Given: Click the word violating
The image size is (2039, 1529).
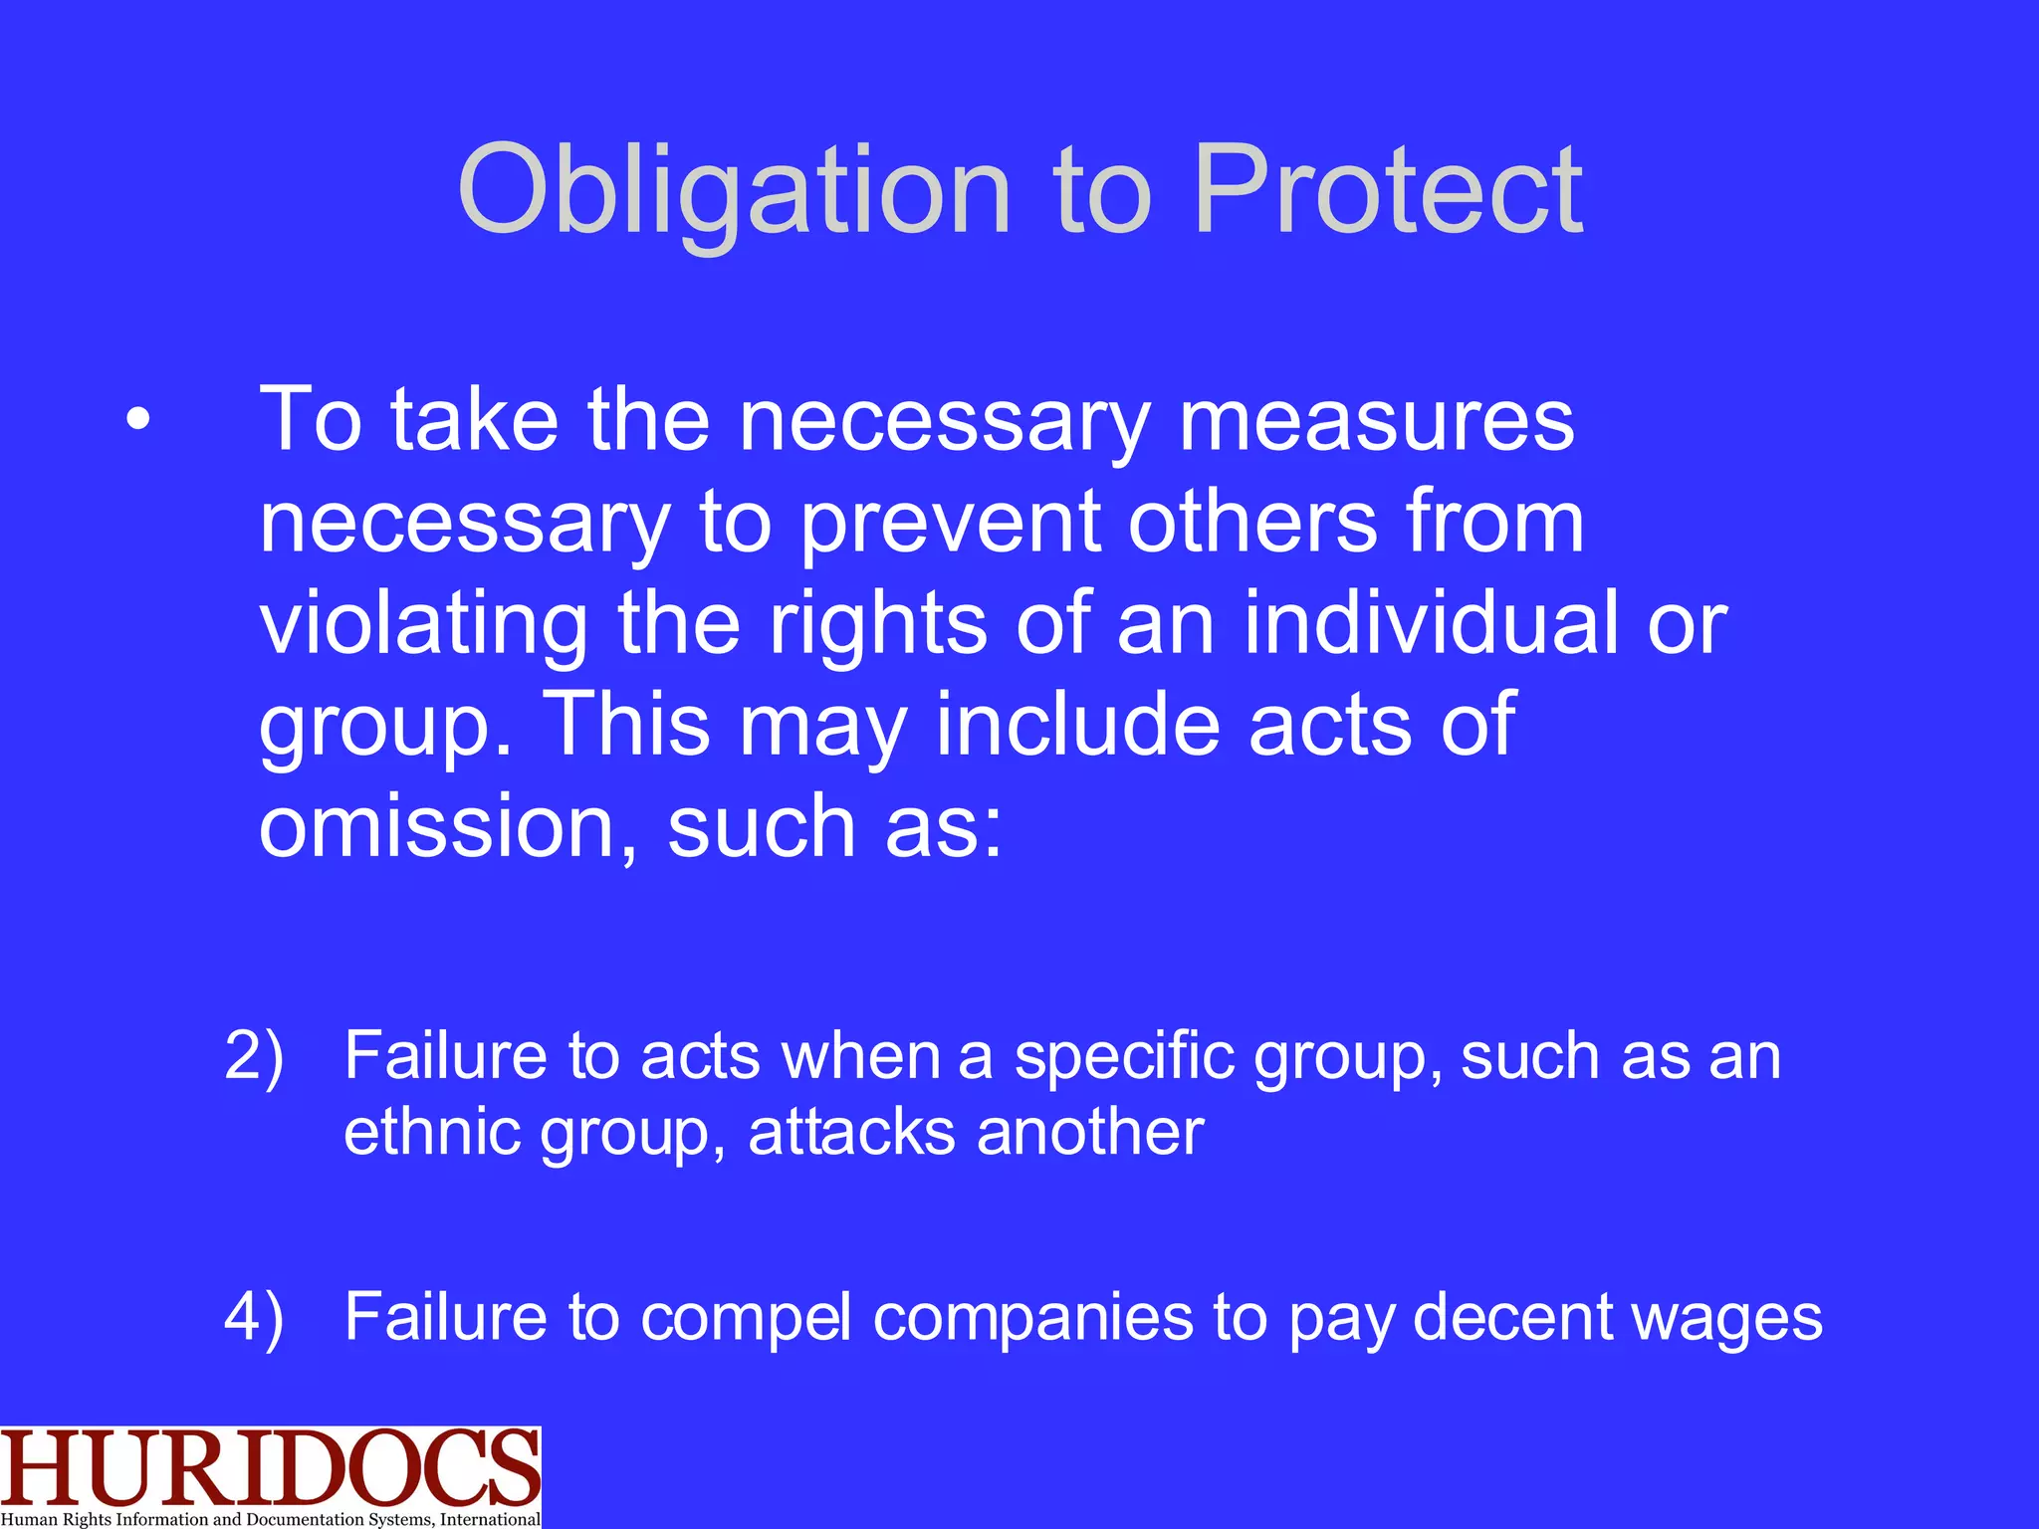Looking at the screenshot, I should pyautogui.click(x=423, y=625).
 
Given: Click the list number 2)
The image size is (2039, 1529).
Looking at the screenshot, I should pyautogui.click(x=254, y=1055).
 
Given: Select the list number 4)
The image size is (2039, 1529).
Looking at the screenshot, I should pyautogui.click(x=254, y=1316).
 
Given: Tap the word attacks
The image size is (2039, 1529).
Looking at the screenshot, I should pyautogui.click(x=850, y=1132).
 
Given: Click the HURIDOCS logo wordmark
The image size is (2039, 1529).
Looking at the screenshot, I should pyautogui.click(x=269, y=1467).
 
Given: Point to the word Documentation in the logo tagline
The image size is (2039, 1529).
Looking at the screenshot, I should pyautogui.click(x=305, y=1519).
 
